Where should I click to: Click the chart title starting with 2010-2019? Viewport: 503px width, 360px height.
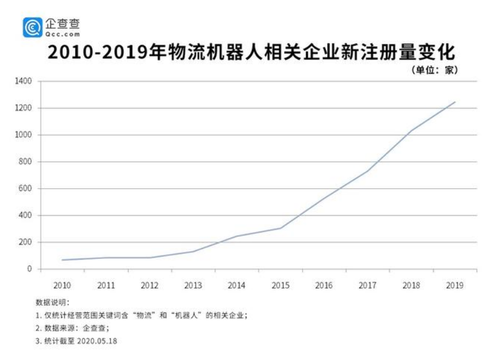[251, 53]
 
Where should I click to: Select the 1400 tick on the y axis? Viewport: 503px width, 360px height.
[23, 81]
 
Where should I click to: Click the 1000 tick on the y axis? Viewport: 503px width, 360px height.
[23, 135]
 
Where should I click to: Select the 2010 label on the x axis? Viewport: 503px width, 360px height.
[62, 286]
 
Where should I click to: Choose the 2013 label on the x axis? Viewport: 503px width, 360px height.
[193, 286]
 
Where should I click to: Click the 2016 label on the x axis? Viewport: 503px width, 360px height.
[324, 286]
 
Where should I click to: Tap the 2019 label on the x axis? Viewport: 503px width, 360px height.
[455, 286]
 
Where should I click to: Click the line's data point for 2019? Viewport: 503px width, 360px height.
[455, 102]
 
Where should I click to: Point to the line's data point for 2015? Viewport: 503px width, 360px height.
[280, 228]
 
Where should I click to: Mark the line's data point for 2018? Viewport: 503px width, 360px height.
[411, 131]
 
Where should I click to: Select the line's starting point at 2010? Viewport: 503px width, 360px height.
[62, 260]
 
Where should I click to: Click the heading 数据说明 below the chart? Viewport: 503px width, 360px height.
[53, 303]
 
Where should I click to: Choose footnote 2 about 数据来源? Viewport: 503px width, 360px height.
[72, 328]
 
